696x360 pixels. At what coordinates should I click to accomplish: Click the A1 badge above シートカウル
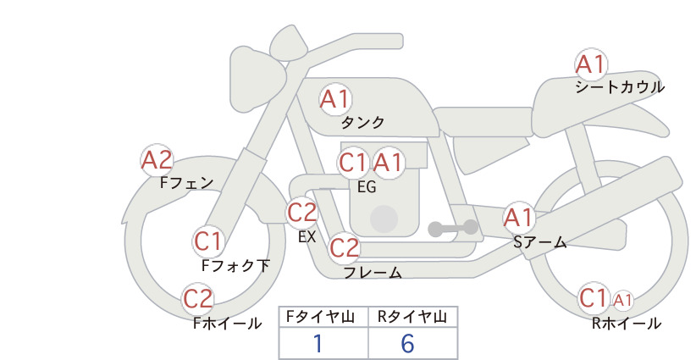[591, 65]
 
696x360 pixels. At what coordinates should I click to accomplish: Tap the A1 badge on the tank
[335, 99]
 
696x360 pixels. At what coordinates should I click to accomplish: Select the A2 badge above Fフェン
[157, 160]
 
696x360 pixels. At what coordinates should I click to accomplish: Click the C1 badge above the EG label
[353, 163]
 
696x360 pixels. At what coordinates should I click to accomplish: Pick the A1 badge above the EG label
[388, 163]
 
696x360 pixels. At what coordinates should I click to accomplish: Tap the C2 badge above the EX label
[301, 213]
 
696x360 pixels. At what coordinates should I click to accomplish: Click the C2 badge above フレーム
[345, 247]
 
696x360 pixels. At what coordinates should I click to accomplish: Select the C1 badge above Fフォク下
[208, 241]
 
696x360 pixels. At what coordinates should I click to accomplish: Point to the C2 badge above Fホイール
[198, 299]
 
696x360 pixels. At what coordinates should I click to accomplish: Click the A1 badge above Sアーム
[519, 218]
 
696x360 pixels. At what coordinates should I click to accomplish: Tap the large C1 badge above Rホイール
[594, 298]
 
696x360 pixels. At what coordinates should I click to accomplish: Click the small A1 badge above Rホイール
[623, 301]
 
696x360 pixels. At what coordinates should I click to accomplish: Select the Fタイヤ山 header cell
[323, 317]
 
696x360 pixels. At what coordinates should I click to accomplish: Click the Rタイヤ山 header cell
[413, 317]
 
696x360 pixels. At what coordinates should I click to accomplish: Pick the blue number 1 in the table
[318, 343]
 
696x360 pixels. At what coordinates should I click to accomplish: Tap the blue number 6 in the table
[407, 343]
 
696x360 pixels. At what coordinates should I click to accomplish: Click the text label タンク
[362, 122]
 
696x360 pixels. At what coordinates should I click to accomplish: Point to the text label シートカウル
[620, 87]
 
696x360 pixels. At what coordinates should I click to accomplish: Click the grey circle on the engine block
[384, 219]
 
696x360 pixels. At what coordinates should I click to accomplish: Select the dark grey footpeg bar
[453, 228]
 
